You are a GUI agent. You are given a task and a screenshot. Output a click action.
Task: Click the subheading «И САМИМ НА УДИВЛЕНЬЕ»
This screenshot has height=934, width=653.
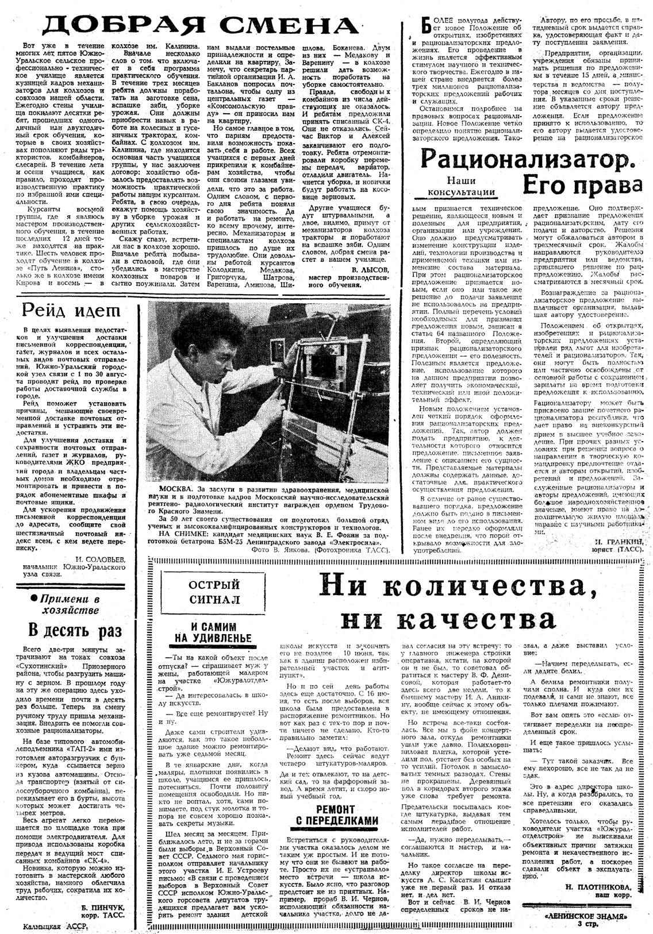213,632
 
